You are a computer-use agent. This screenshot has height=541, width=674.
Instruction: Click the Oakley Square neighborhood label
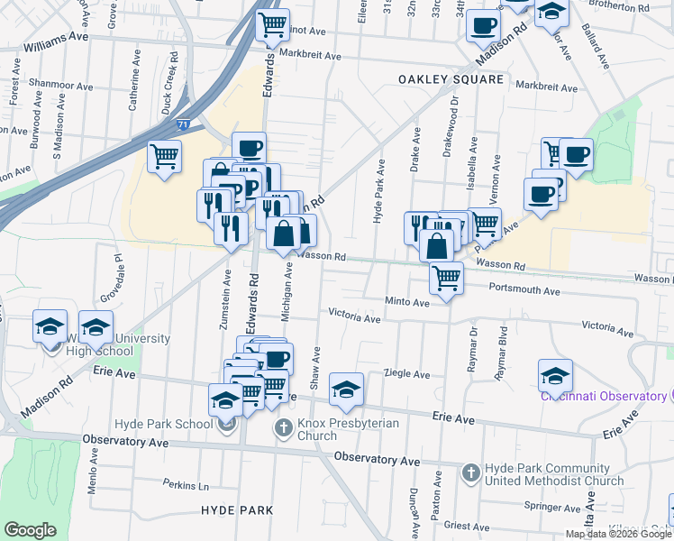click(451, 79)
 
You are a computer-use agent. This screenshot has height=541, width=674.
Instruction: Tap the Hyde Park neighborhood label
click(237, 510)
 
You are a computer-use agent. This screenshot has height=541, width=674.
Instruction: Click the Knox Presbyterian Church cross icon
click(283, 426)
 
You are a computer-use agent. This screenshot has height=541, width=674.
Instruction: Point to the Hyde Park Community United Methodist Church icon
click(471, 472)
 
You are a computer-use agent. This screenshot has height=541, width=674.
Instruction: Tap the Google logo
click(30, 530)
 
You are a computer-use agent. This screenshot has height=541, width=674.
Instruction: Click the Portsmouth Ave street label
click(525, 291)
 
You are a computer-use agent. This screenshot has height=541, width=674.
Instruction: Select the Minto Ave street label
click(407, 303)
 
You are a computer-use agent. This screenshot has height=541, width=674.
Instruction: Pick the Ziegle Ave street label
click(406, 373)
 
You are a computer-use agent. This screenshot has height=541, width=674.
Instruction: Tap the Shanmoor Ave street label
click(61, 85)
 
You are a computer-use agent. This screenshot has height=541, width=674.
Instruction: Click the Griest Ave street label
click(466, 525)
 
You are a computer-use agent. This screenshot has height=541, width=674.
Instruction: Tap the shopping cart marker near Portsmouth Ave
click(446, 279)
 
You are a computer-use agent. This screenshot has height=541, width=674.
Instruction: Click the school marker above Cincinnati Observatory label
click(556, 375)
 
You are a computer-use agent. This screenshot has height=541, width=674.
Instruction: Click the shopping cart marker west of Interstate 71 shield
click(163, 158)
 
